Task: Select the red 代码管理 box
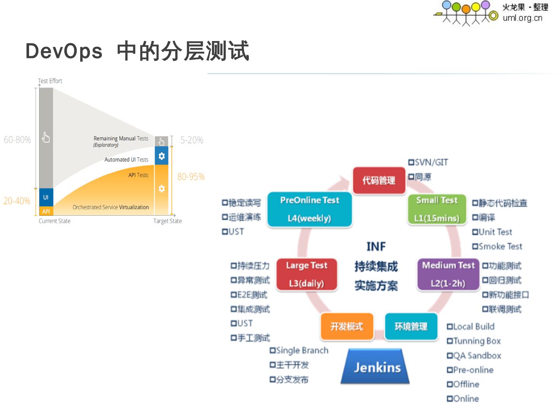point(379,180)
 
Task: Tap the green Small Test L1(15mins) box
point(437,209)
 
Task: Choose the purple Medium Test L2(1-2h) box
point(448,274)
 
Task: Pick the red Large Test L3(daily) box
point(307,274)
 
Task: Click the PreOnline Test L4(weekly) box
point(309,209)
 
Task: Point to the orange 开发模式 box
point(347,327)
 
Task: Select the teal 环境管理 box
point(411,327)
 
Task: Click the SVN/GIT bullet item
point(428,163)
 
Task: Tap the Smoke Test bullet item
point(497,247)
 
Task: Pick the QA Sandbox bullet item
point(474,356)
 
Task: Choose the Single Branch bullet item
point(299,351)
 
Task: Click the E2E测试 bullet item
point(249,295)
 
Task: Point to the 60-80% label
point(17,140)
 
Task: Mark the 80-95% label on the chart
point(191,177)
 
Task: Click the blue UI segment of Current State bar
point(46,197)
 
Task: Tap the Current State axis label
point(55,221)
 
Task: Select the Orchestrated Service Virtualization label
point(110,207)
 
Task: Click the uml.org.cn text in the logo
point(522,18)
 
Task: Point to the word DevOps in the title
point(64,51)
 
